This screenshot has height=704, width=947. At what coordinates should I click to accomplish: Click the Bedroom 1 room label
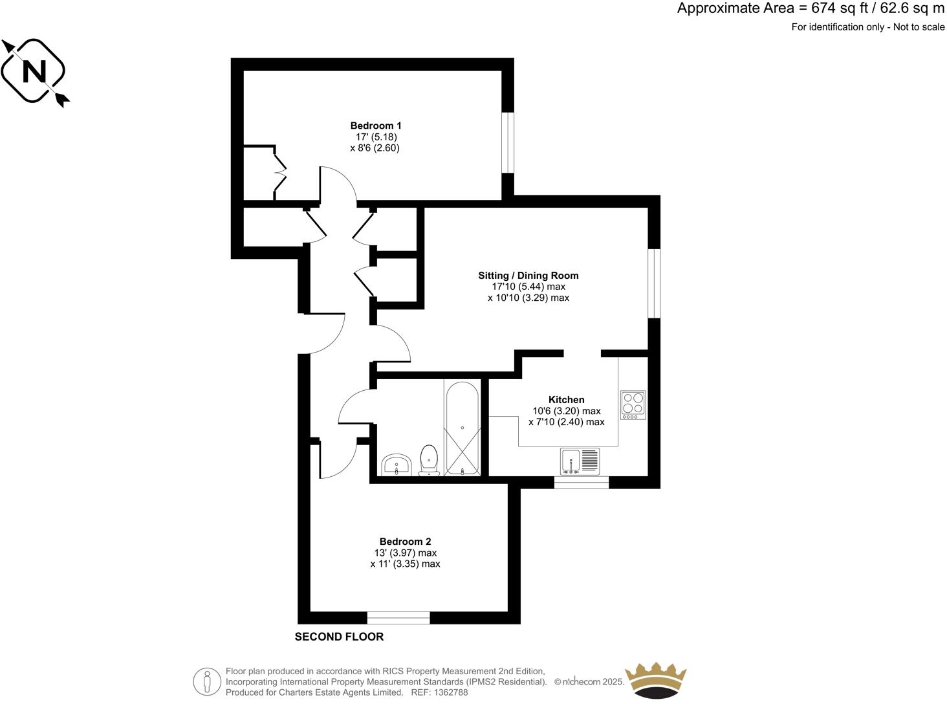coord(375,126)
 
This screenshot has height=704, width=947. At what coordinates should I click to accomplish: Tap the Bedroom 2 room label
coord(405,542)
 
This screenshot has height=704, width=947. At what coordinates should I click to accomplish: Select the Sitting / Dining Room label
coord(528,276)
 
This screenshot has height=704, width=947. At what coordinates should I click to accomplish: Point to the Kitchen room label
coord(566,400)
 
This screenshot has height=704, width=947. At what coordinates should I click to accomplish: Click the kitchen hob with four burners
coord(633,404)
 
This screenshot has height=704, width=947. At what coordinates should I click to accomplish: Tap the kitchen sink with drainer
coord(580,461)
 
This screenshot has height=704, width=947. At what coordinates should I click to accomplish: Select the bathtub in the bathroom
coord(461,428)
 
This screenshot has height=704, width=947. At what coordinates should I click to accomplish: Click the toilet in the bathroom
coord(428,459)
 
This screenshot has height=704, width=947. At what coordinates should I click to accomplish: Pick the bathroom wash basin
coord(396,465)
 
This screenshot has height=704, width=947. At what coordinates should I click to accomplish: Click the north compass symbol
coord(34,71)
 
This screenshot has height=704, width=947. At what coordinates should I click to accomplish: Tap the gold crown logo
coord(655,680)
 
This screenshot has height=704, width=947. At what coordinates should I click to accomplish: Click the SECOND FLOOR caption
coord(339,637)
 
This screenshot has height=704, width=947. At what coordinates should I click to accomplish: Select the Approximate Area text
coord(811,8)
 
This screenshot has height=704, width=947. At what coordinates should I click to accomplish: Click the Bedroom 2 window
coord(398,618)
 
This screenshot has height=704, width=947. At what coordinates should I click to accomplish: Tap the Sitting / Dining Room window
coord(654,283)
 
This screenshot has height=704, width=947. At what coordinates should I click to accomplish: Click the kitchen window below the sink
coord(581,482)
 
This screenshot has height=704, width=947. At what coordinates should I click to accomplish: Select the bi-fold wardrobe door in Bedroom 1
coord(279,172)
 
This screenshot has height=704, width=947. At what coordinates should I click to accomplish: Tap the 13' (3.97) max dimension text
coord(405,553)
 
